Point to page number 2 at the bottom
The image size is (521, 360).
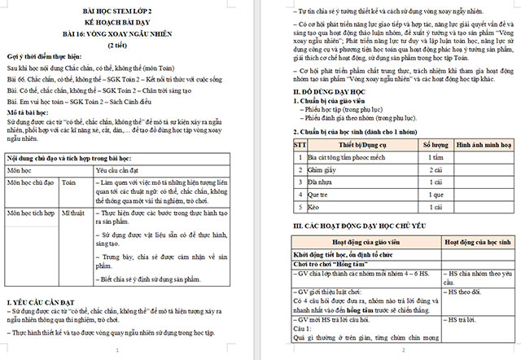405,351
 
